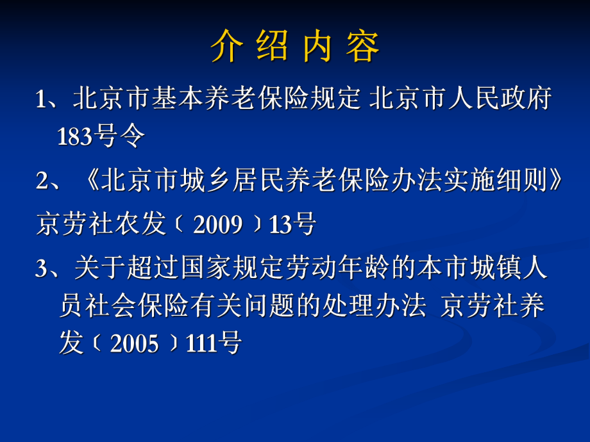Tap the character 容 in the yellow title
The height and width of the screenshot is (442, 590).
pyautogui.click(x=362, y=46)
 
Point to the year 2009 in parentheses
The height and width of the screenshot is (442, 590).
pyautogui.click(x=217, y=225)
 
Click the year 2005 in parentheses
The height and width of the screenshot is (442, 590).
pyautogui.click(x=134, y=344)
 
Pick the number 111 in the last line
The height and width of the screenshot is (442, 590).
pyautogui.click(x=201, y=344)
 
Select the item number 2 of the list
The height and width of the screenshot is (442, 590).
pyautogui.click(x=42, y=182)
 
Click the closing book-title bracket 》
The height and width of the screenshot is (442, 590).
pyautogui.click(x=555, y=182)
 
